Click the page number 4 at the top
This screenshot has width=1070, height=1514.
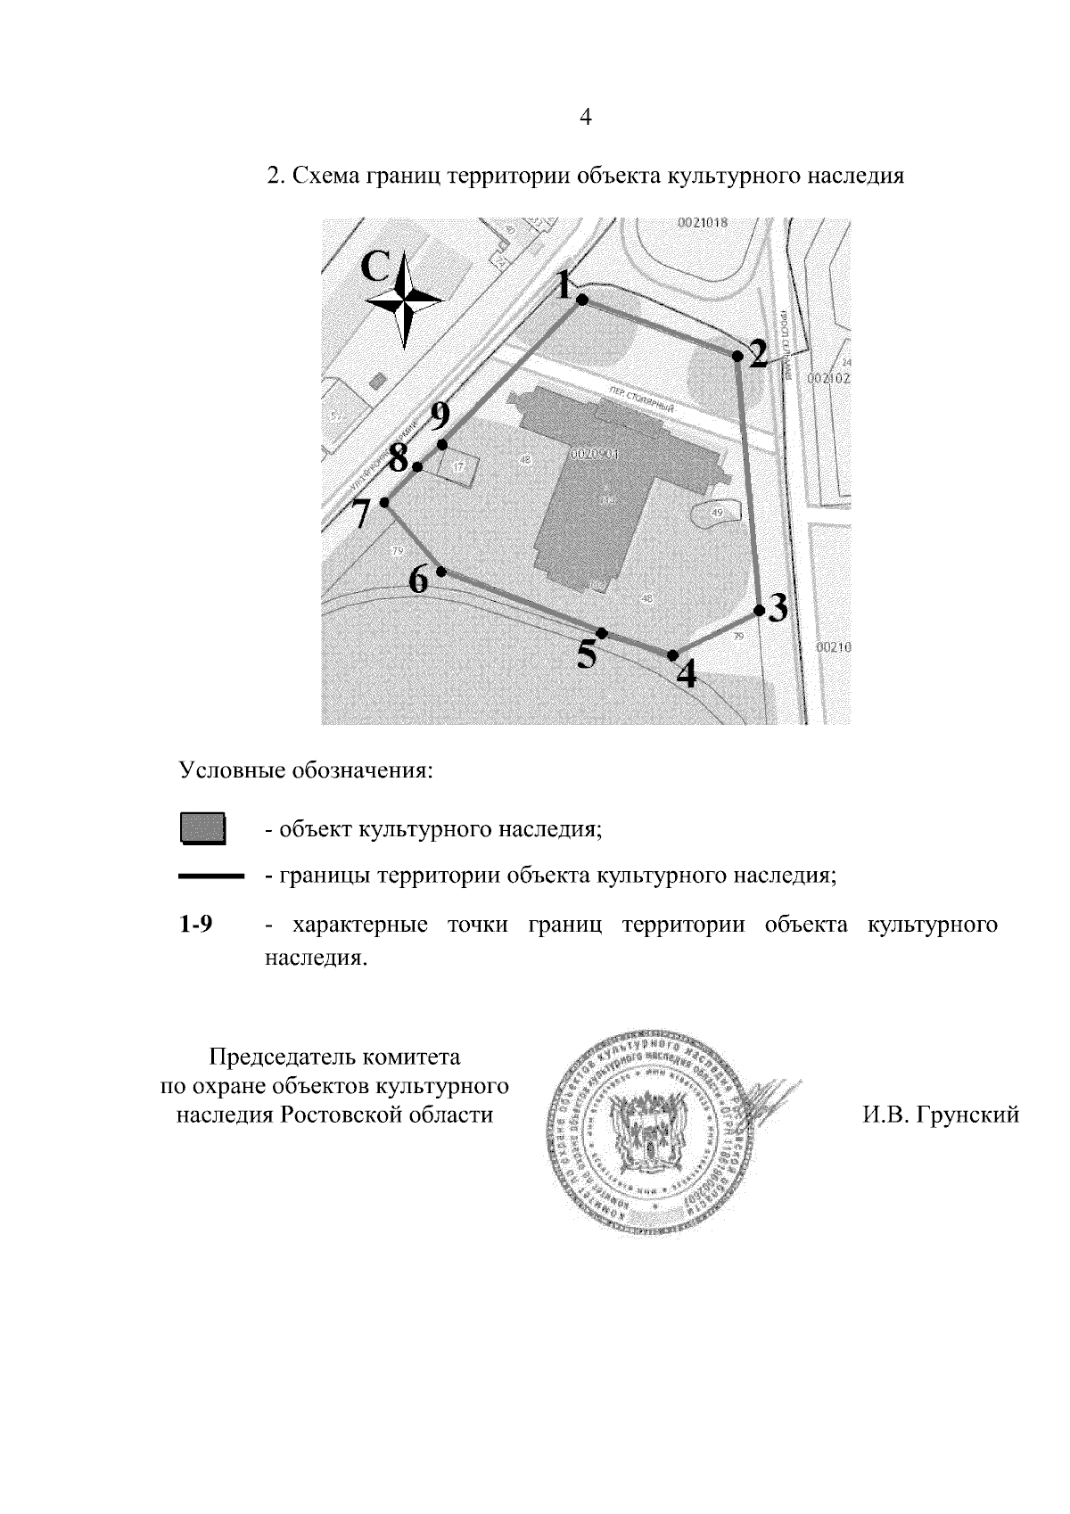coord(586,117)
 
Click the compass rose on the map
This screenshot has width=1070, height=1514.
coord(405,300)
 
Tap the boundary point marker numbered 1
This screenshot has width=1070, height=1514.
coord(581,300)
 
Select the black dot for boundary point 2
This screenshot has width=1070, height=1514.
coord(737,357)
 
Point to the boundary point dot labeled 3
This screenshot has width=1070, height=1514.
coord(759,611)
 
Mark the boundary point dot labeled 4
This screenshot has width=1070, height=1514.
coord(672,655)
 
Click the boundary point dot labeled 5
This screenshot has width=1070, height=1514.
coord(602,633)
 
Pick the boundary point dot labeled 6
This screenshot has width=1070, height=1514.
coord(440,572)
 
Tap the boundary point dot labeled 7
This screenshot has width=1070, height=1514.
coord(384,503)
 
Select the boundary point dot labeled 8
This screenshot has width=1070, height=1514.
coord(417,466)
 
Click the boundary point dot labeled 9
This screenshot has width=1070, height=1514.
coord(441,444)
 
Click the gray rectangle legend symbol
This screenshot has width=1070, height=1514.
coord(202,828)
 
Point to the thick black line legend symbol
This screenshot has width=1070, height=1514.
coord(211,877)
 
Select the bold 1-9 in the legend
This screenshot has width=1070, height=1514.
coord(195,925)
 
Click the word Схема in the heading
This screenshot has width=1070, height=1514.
coord(325,176)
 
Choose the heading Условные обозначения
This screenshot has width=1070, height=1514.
coord(306,769)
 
